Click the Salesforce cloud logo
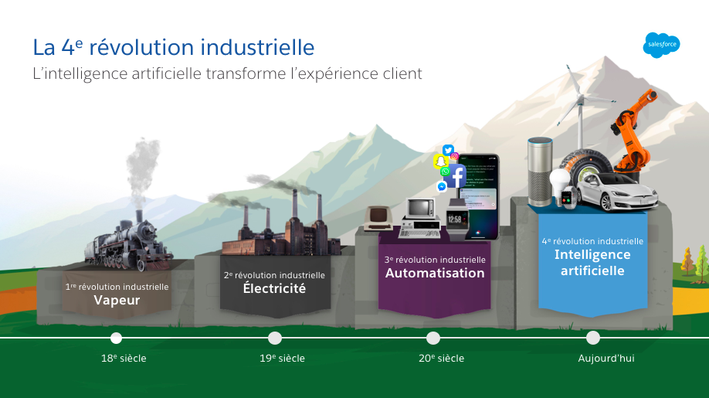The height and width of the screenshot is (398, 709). [x=662, y=45]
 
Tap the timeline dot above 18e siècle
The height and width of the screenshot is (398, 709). [x=116, y=338]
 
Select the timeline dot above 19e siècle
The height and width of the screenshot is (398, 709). [x=275, y=338]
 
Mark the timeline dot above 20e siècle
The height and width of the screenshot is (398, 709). [x=433, y=338]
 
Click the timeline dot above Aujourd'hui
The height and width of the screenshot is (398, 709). [x=593, y=338]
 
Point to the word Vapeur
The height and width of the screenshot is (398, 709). [x=117, y=301]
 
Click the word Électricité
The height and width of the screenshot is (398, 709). [x=274, y=287]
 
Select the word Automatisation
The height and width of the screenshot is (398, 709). [x=435, y=273]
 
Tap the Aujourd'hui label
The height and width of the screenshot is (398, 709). [x=606, y=359]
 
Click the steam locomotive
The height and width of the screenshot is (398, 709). [x=129, y=242]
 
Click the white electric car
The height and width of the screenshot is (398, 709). [x=616, y=192]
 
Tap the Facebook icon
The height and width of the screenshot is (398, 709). [x=456, y=176]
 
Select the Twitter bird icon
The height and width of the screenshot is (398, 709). [x=448, y=150]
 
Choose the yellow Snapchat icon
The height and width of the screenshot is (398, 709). [x=441, y=162]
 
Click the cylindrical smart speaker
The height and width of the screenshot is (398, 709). [x=540, y=172]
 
